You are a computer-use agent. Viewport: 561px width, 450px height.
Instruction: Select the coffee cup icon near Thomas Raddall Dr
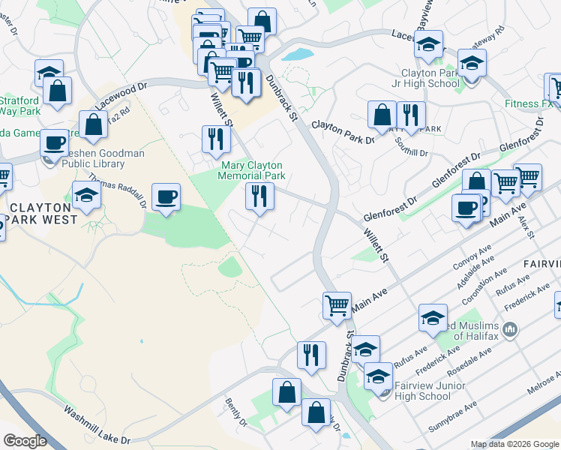[166, 197]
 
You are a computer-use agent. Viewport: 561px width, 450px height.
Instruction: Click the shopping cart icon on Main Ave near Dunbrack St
[337, 304]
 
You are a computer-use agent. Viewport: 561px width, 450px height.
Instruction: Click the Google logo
[25, 441]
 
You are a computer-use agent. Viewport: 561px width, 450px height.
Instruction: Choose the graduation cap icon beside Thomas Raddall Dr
[86, 195]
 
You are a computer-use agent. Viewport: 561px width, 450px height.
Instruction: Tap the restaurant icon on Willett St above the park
[214, 138]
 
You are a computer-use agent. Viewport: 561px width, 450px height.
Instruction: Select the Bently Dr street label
[235, 412]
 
